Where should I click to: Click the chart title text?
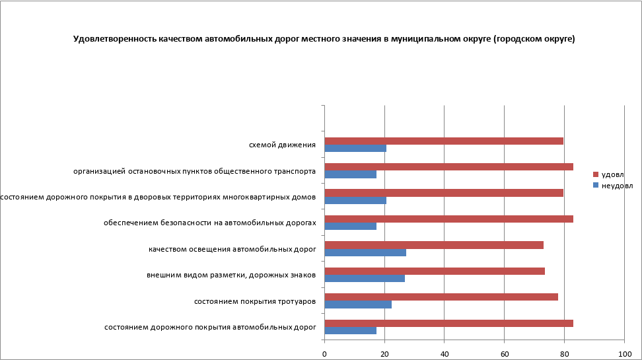tap(324, 39)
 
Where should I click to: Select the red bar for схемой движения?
tap(444, 141)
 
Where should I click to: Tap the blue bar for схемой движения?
tap(355, 148)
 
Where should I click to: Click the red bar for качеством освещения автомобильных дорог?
tap(434, 245)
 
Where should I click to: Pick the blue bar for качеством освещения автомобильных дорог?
tap(365, 252)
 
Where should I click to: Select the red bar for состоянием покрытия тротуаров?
tap(441, 297)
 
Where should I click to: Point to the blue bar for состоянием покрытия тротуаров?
tap(358, 305)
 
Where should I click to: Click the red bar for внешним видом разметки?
tap(435, 271)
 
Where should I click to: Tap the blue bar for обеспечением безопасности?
tap(351, 226)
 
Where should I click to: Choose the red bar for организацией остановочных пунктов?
tap(449, 166)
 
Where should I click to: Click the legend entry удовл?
tap(612, 174)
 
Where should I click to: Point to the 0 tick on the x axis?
tap(324, 353)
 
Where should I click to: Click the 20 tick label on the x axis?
tap(384, 353)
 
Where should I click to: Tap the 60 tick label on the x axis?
tap(504, 353)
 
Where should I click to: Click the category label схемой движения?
tap(282, 144)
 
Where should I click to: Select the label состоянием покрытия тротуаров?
tap(255, 301)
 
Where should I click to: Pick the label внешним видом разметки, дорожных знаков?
tap(231, 275)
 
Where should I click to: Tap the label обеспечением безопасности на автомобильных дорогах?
tap(210, 223)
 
